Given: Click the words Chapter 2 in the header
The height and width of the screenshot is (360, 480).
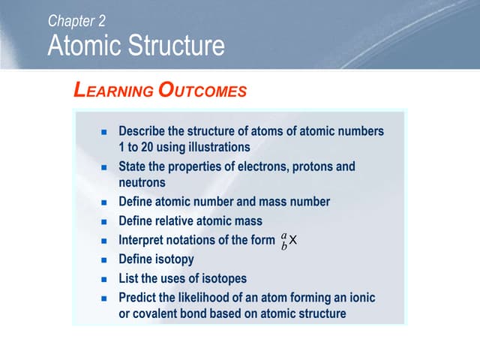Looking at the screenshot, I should coord(76,21).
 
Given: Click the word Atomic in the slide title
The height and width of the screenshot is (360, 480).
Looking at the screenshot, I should coord(83,46).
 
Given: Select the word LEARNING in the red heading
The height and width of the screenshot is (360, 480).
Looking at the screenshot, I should coord(112,91).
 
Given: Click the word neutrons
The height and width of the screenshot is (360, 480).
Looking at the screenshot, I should coord(142,182).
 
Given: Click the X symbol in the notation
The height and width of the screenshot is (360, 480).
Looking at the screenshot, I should coord(293,241).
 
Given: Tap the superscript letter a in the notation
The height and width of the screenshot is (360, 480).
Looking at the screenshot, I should coord(283,235).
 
